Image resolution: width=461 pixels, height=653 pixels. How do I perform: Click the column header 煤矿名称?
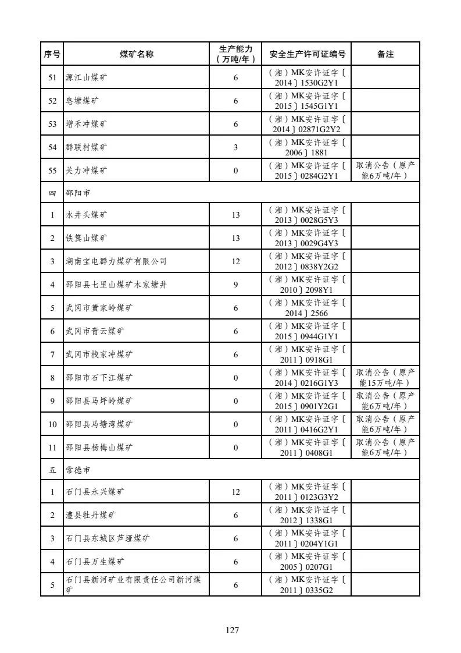pos(137,54)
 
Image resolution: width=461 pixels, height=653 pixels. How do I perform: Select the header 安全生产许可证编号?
pos(308,54)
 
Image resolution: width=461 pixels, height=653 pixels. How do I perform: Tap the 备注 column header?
pos(385,54)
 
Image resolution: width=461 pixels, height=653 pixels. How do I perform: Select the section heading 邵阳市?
pos(78,192)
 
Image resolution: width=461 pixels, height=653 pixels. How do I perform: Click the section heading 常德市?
pos(78,469)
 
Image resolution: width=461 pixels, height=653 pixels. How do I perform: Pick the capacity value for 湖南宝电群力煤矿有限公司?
pos(235,261)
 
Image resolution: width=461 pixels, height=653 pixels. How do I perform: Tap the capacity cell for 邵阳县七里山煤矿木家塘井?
pos(235,285)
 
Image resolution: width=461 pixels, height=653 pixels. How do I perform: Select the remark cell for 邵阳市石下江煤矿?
pos(385,378)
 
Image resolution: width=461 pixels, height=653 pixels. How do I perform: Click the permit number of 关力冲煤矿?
pos(308,171)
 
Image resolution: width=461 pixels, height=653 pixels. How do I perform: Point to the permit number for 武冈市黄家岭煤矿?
pos(308,308)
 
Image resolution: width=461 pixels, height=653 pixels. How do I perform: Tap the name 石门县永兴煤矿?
pos(94,492)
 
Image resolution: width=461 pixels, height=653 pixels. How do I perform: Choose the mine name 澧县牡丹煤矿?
pos(90,515)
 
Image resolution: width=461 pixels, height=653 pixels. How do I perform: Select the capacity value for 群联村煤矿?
pos(235,147)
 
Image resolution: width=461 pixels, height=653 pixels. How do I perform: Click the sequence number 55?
pos(52,171)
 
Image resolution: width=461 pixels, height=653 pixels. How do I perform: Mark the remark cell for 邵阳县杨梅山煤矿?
pos(385,448)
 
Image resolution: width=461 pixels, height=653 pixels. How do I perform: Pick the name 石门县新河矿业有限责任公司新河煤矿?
pos(134,584)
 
